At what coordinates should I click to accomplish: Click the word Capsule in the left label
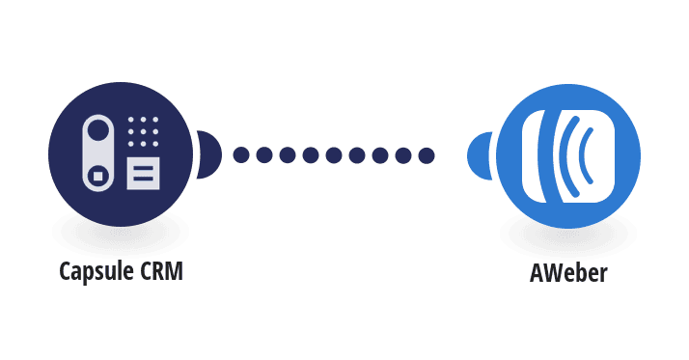(x=96, y=271)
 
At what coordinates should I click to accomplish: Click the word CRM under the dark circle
(x=161, y=271)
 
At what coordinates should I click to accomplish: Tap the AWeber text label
(x=568, y=272)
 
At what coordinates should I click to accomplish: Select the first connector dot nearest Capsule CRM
(x=241, y=155)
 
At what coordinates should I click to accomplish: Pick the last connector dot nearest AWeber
(x=427, y=155)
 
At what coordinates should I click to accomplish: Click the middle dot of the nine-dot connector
(x=334, y=155)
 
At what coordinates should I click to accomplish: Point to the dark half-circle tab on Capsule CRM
(x=208, y=154)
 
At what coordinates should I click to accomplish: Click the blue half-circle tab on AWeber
(x=480, y=155)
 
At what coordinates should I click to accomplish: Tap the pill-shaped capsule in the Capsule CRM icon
(x=98, y=153)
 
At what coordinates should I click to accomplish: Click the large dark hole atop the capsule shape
(x=98, y=130)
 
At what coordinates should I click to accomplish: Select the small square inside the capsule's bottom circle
(x=98, y=176)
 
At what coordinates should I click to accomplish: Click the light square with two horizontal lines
(x=143, y=174)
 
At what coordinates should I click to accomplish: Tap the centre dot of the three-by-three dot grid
(x=143, y=131)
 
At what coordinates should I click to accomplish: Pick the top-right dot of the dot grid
(x=155, y=119)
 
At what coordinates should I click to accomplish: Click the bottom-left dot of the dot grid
(x=131, y=144)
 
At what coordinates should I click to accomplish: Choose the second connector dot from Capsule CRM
(x=264, y=155)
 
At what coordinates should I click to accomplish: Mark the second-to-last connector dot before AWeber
(x=403, y=155)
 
